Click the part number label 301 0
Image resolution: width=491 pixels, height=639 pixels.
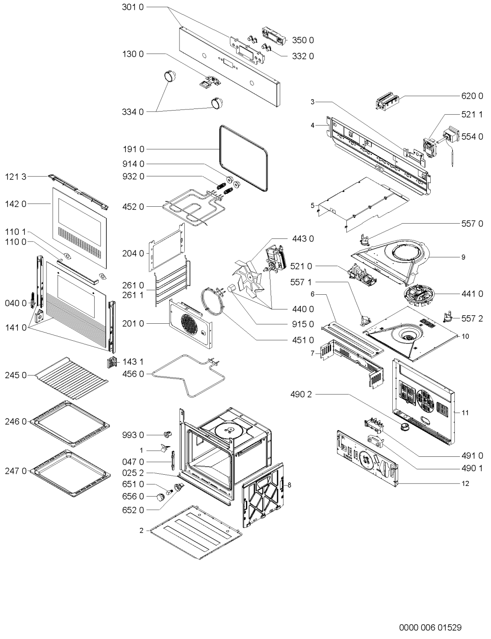(x=133, y=7)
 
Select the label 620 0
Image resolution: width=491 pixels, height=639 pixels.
(x=472, y=96)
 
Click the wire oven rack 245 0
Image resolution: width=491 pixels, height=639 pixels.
(x=71, y=379)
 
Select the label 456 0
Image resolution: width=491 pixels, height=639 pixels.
(x=133, y=374)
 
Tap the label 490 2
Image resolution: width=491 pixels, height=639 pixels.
(x=301, y=395)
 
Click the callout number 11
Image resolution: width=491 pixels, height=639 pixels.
(x=465, y=413)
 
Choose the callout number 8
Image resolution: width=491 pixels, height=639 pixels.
(x=289, y=485)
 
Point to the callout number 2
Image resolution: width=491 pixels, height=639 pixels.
(x=141, y=531)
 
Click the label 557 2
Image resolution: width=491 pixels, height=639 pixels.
(x=472, y=318)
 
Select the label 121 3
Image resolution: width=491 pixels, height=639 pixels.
(x=16, y=177)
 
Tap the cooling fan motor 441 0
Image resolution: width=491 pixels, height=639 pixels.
(x=419, y=296)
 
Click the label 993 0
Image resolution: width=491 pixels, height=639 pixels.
(x=133, y=435)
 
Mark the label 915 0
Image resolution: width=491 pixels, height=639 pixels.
(x=303, y=324)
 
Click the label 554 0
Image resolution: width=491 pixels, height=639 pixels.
(x=472, y=137)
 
